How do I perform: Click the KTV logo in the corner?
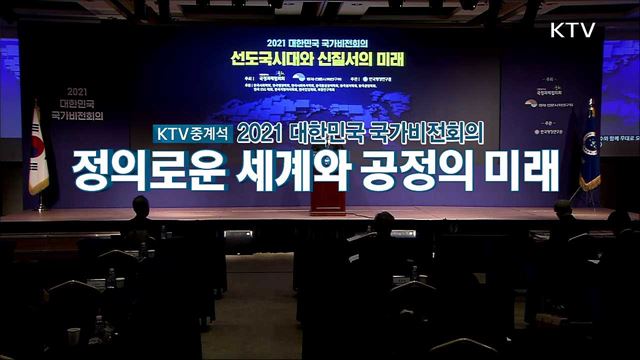point(572,29)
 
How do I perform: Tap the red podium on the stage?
point(327,196)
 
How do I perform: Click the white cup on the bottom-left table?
point(73,334)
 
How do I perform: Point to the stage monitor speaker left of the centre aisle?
point(238,237)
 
